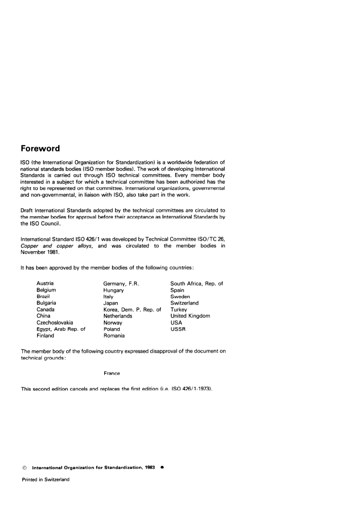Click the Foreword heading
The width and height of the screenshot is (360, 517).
tap(40, 148)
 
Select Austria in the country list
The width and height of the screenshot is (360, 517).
tap(45, 283)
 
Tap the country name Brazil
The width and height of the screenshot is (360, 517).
tap(43, 296)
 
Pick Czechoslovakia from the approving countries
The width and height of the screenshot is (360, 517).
tap(55, 322)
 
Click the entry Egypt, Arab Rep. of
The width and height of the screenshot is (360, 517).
tap(61, 329)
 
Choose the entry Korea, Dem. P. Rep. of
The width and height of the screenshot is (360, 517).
tap(132, 310)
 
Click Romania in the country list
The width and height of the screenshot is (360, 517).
tap(114, 336)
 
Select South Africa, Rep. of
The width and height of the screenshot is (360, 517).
tap(197, 283)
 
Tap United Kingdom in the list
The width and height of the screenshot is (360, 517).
tap(190, 316)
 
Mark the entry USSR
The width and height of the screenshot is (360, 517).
tap(178, 329)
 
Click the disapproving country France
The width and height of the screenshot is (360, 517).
tap(112, 373)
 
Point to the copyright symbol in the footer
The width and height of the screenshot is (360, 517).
tap(25, 468)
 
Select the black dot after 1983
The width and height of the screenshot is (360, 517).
tap(162, 467)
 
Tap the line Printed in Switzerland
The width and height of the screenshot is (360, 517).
tap(46, 479)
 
